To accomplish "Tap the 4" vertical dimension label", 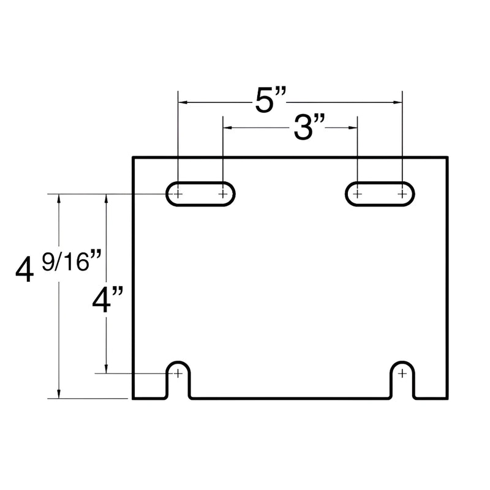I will tap(108, 301).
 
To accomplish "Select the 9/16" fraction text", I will tap(71, 262).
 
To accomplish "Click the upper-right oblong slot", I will tap(380, 194).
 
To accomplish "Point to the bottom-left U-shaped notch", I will tap(178, 380).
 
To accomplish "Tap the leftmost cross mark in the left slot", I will tap(178, 194).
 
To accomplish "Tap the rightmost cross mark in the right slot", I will tap(402, 194).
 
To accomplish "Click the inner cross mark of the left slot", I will tap(223, 194).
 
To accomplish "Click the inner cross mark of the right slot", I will tap(357, 194).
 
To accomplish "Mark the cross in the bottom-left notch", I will tap(178, 373).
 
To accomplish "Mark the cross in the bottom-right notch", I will tap(402, 373).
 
